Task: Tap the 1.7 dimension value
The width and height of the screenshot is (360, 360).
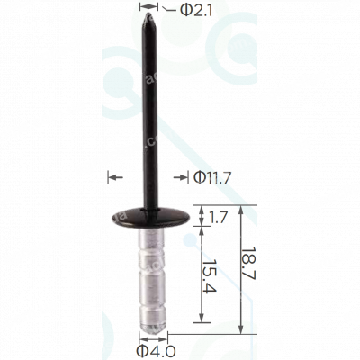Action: pos(218,218)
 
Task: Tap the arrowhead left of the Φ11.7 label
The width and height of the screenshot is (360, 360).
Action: pos(113,177)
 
